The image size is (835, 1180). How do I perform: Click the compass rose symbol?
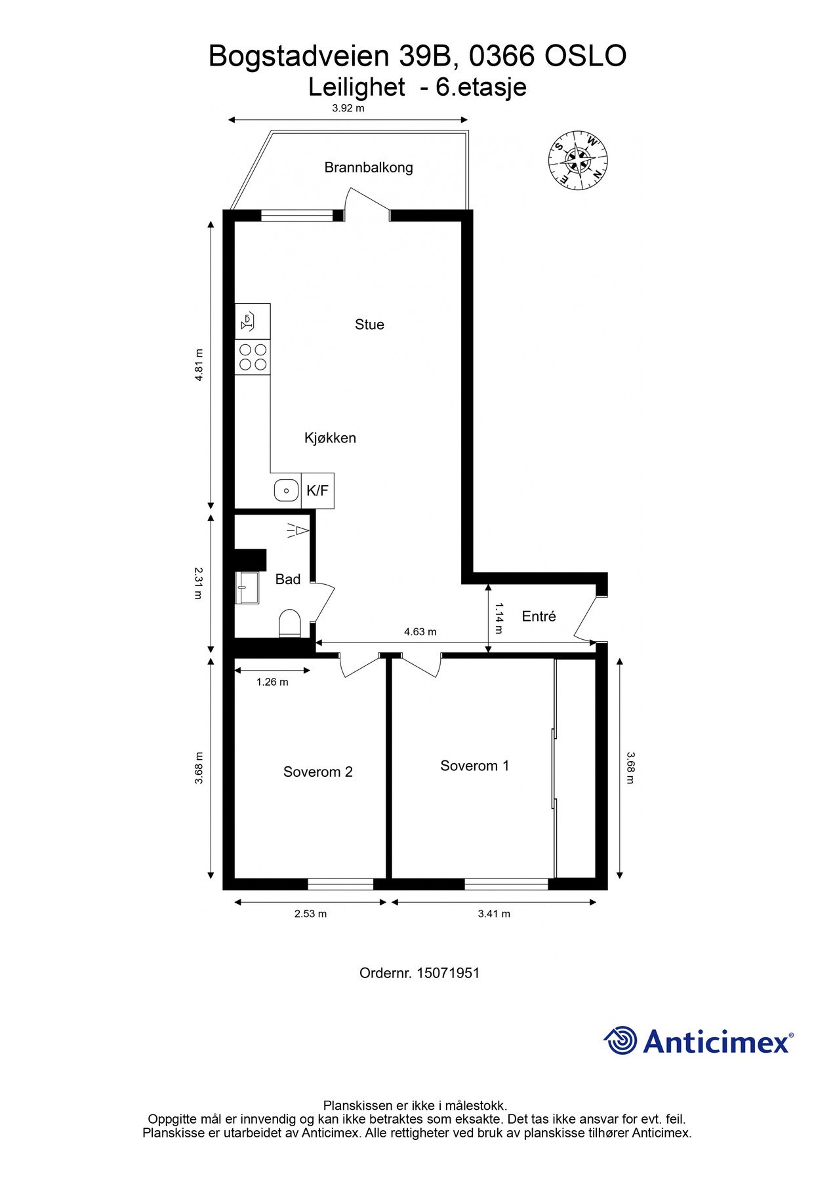(578, 159)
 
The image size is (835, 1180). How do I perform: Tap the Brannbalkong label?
(369, 167)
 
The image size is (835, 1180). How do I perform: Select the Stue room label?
(369, 324)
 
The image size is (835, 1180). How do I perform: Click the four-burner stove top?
(253, 357)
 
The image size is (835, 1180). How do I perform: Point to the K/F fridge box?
(317, 490)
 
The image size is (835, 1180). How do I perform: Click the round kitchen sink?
(286, 490)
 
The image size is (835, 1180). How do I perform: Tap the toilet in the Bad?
(290, 623)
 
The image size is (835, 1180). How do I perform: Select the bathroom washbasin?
(248, 587)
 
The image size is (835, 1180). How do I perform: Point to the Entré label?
(539, 616)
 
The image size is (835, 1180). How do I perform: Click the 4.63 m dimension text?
(420, 632)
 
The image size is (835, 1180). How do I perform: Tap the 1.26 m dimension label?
(272, 682)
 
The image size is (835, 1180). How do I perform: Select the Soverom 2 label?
(318, 772)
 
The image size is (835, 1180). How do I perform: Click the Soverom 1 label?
(475, 766)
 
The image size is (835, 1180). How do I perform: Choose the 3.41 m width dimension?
(494, 914)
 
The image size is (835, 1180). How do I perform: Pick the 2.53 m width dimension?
(310, 914)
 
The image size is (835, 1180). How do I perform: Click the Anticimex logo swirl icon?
(621, 1040)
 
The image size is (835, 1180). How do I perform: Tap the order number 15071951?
(448, 973)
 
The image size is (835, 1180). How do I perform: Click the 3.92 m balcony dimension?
(348, 108)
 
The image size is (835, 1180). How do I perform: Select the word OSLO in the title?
(586, 56)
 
